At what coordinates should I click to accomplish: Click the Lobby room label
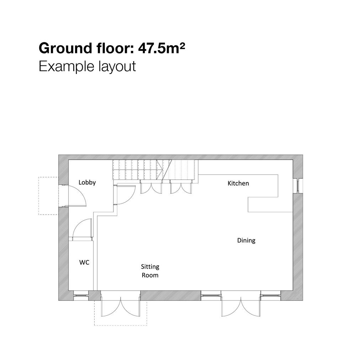click(x=87, y=182)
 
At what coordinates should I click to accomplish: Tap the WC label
click(x=84, y=262)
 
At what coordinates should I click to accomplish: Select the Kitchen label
click(x=238, y=183)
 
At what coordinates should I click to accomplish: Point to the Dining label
click(x=246, y=241)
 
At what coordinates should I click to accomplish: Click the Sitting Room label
click(x=150, y=271)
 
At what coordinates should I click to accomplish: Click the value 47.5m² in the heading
click(x=162, y=48)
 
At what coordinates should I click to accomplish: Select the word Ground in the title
click(x=65, y=48)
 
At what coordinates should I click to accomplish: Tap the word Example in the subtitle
click(x=66, y=66)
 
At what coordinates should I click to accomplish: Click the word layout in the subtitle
click(x=117, y=66)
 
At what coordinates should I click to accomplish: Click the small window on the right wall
click(x=298, y=186)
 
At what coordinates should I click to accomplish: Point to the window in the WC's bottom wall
click(x=81, y=295)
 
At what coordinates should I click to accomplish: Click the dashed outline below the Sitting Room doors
click(x=121, y=325)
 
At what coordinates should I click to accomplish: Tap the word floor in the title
click(x=116, y=48)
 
